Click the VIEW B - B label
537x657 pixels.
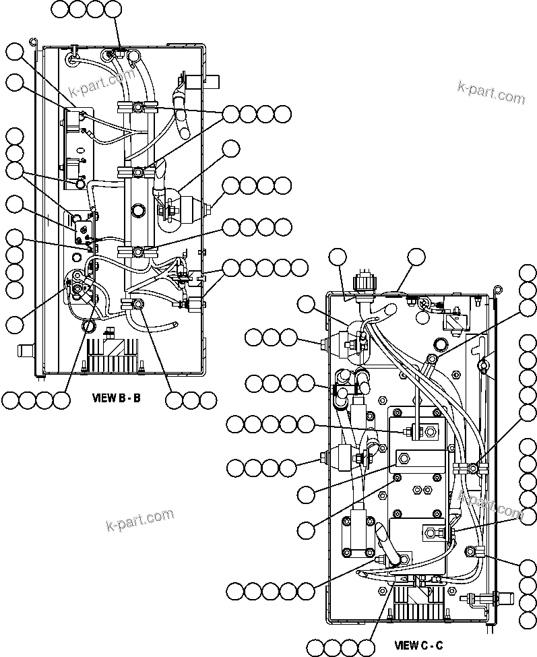116,398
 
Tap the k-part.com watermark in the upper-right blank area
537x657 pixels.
491,92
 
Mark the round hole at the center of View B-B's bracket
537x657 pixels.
138,210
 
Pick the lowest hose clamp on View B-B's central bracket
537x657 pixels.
137,305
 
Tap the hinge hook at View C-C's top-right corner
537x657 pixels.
497,290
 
